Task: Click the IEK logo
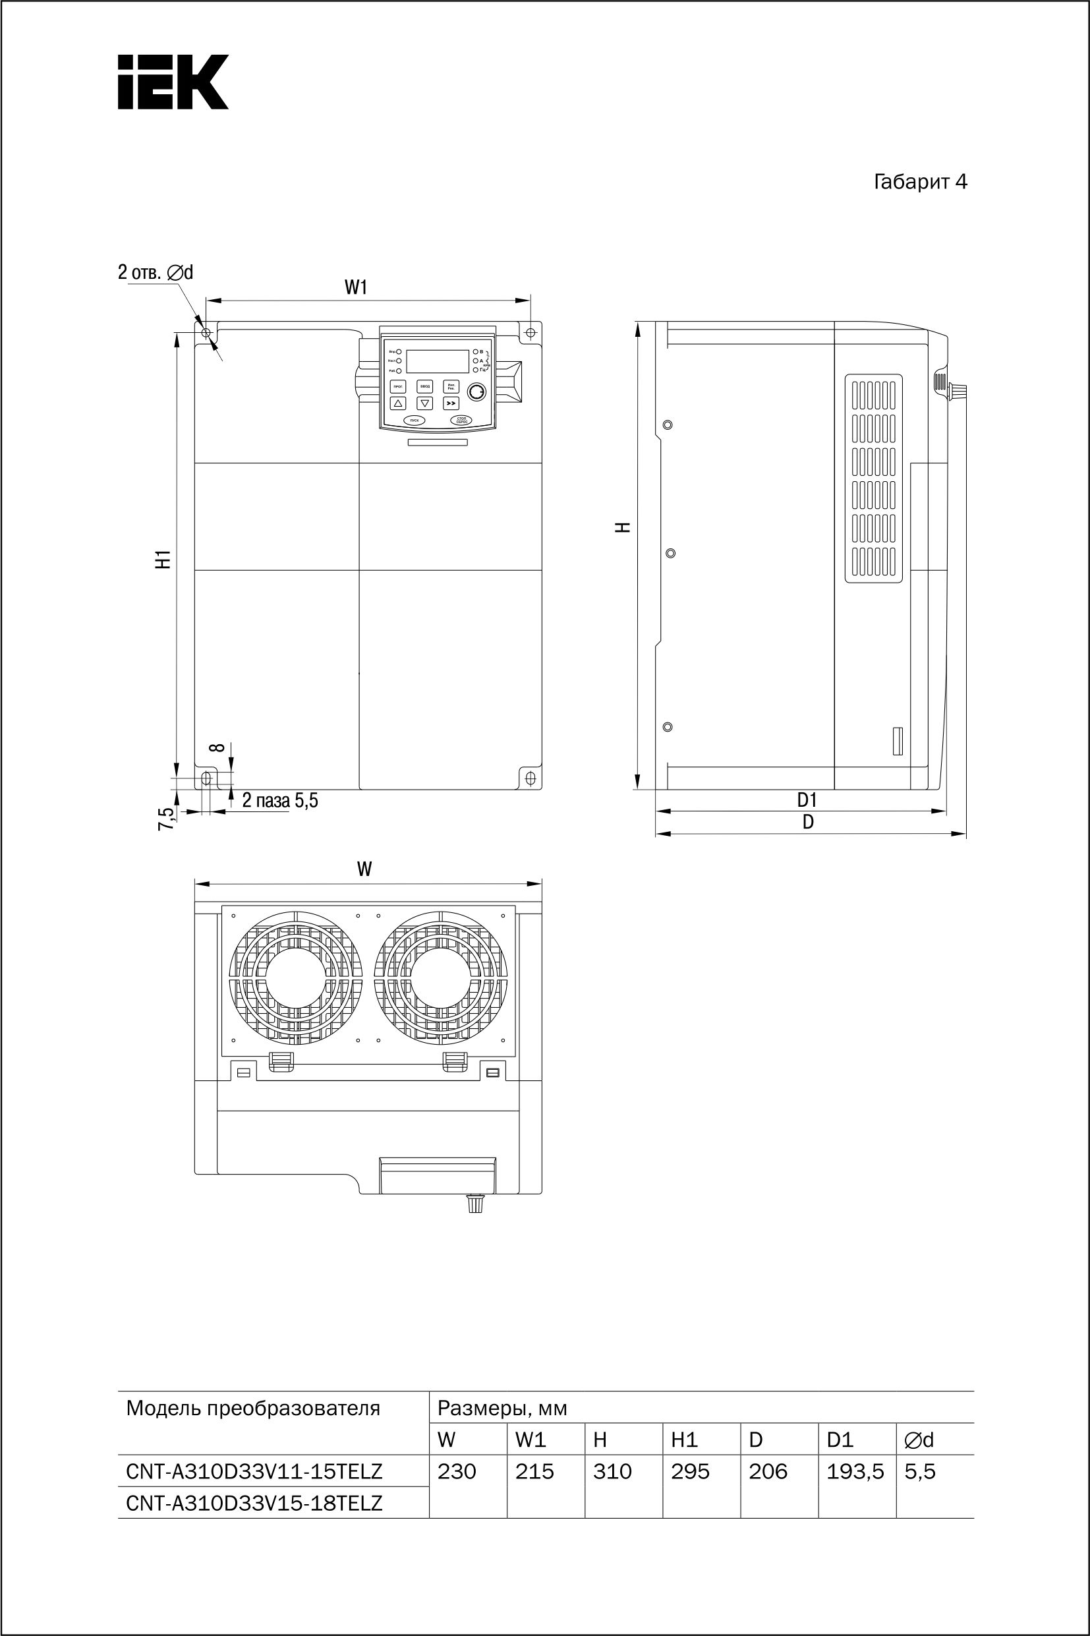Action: (x=173, y=82)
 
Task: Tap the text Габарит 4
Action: (x=920, y=182)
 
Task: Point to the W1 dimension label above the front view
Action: (x=355, y=287)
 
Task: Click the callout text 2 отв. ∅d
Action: (x=155, y=272)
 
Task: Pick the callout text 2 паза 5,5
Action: (x=279, y=800)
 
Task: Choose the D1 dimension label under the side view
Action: (x=807, y=800)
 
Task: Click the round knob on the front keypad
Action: (x=476, y=392)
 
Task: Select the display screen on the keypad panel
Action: (x=437, y=362)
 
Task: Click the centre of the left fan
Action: (x=296, y=976)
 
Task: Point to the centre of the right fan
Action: (x=441, y=976)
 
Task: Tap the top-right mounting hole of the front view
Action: (x=531, y=332)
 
